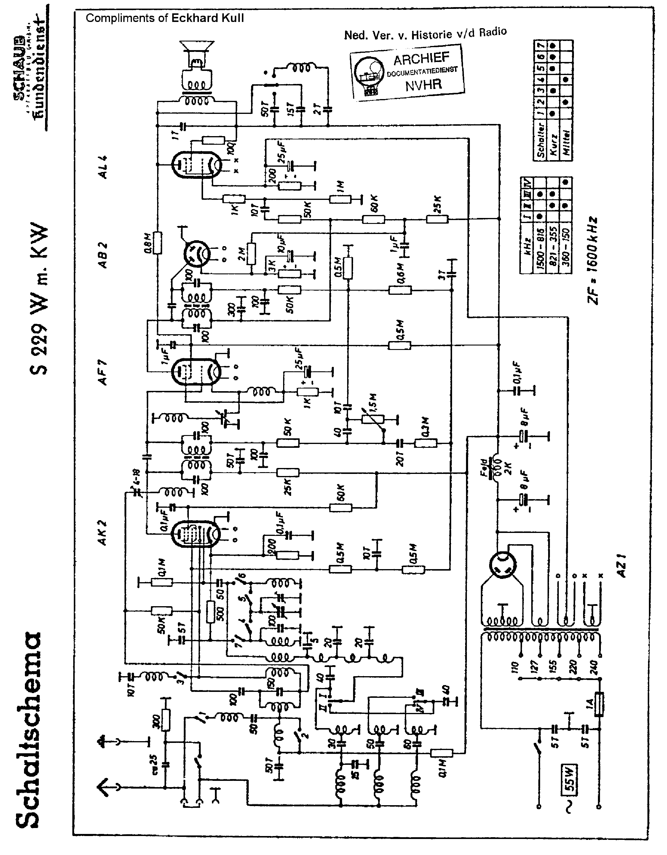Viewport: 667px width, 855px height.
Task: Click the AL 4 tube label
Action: pyautogui.click(x=103, y=167)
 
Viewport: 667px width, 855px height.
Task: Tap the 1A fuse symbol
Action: pyautogui.click(x=599, y=704)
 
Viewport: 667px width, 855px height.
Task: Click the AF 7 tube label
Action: pyautogui.click(x=103, y=373)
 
